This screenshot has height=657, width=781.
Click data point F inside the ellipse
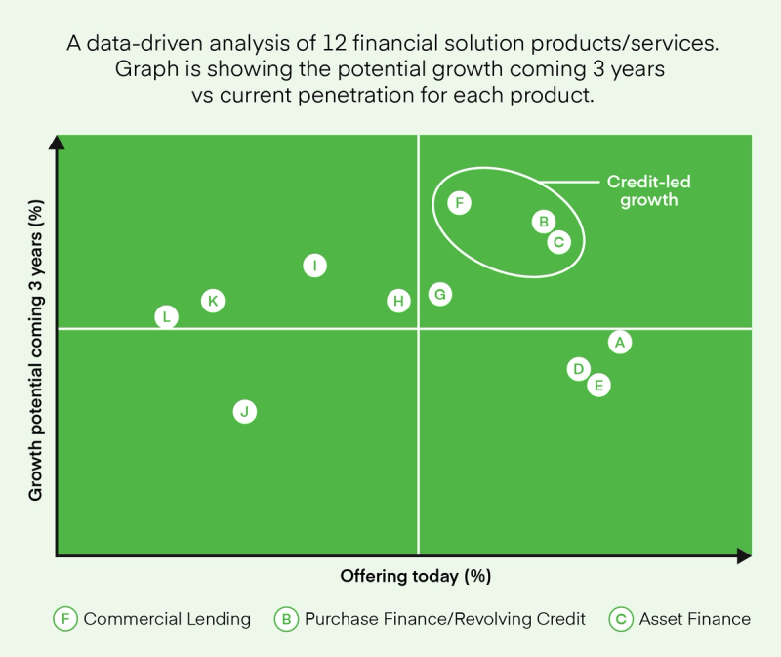tap(459, 203)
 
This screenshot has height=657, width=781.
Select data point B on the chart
tap(544, 222)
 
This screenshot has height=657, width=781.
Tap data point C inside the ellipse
tap(558, 242)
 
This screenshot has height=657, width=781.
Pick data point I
tap(314, 266)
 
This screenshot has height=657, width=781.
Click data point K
tap(213, 301)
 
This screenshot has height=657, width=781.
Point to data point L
tap(166, 317)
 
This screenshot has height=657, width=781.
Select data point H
tap(398, 301)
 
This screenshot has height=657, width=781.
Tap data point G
tap(440, 295)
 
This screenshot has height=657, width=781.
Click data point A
tap(620, 343)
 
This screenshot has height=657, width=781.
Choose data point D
tap(578, 369)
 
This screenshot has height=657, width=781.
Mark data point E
tap(598, 385)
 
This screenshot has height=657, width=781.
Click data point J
tap(245, 412)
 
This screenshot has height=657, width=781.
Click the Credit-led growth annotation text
tap(648, 190)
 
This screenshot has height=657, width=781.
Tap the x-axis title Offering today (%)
tap(416, 576)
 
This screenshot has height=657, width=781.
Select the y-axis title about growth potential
tap(36, 350)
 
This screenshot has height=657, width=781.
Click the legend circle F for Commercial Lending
tap(65, 619)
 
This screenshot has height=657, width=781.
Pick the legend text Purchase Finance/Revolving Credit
tap(445, 619)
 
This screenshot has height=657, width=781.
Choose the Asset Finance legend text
tap(695, 619)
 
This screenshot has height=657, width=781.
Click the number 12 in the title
tap(334, 43)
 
